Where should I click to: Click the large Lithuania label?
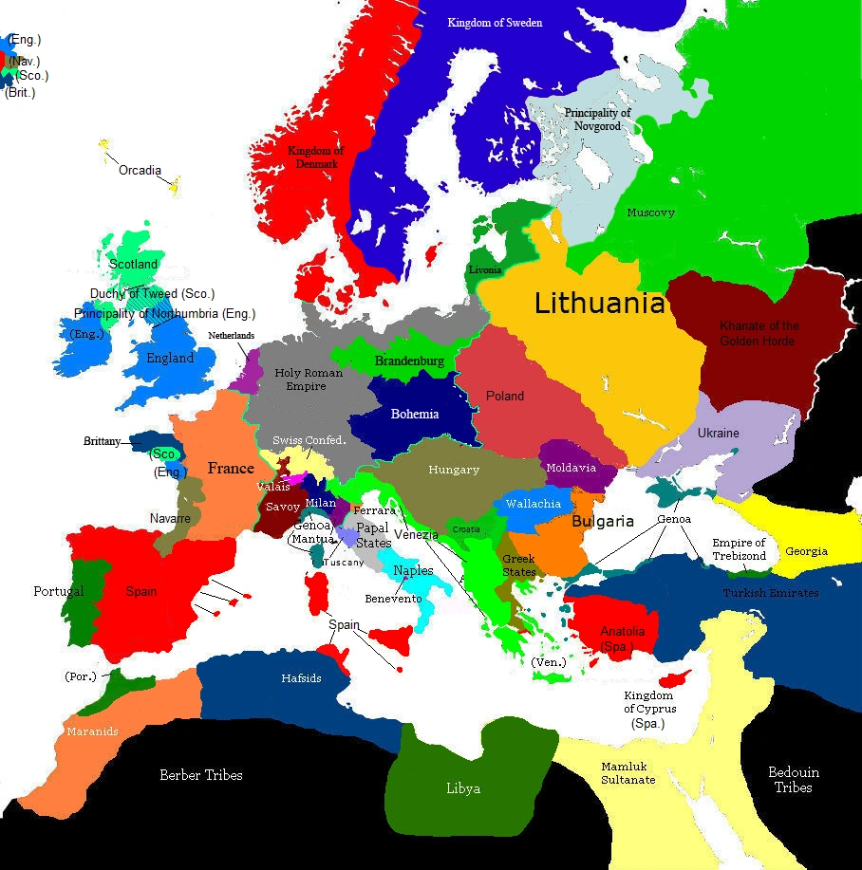coord(599,304)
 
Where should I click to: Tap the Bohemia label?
coord(416,414)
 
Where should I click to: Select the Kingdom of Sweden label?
coord(495,22)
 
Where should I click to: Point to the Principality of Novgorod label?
coord(598,119)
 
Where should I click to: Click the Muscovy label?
coord(650,213)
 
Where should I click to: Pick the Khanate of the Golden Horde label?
coord(759,333)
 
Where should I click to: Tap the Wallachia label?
coord(533,504)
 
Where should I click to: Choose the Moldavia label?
coord(571,468)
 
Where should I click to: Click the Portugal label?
coord(59,591)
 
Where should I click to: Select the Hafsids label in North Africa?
coord(301,678)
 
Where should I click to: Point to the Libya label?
coord(463,788)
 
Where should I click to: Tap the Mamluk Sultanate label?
coord(628,772)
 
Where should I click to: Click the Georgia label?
coord(806,551)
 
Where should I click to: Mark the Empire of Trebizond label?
coord(739,549)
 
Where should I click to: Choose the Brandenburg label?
coord(409,361)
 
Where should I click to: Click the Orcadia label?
coord(140,171)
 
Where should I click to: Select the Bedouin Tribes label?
coord(793,779)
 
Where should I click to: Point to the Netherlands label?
coord(232,336)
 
